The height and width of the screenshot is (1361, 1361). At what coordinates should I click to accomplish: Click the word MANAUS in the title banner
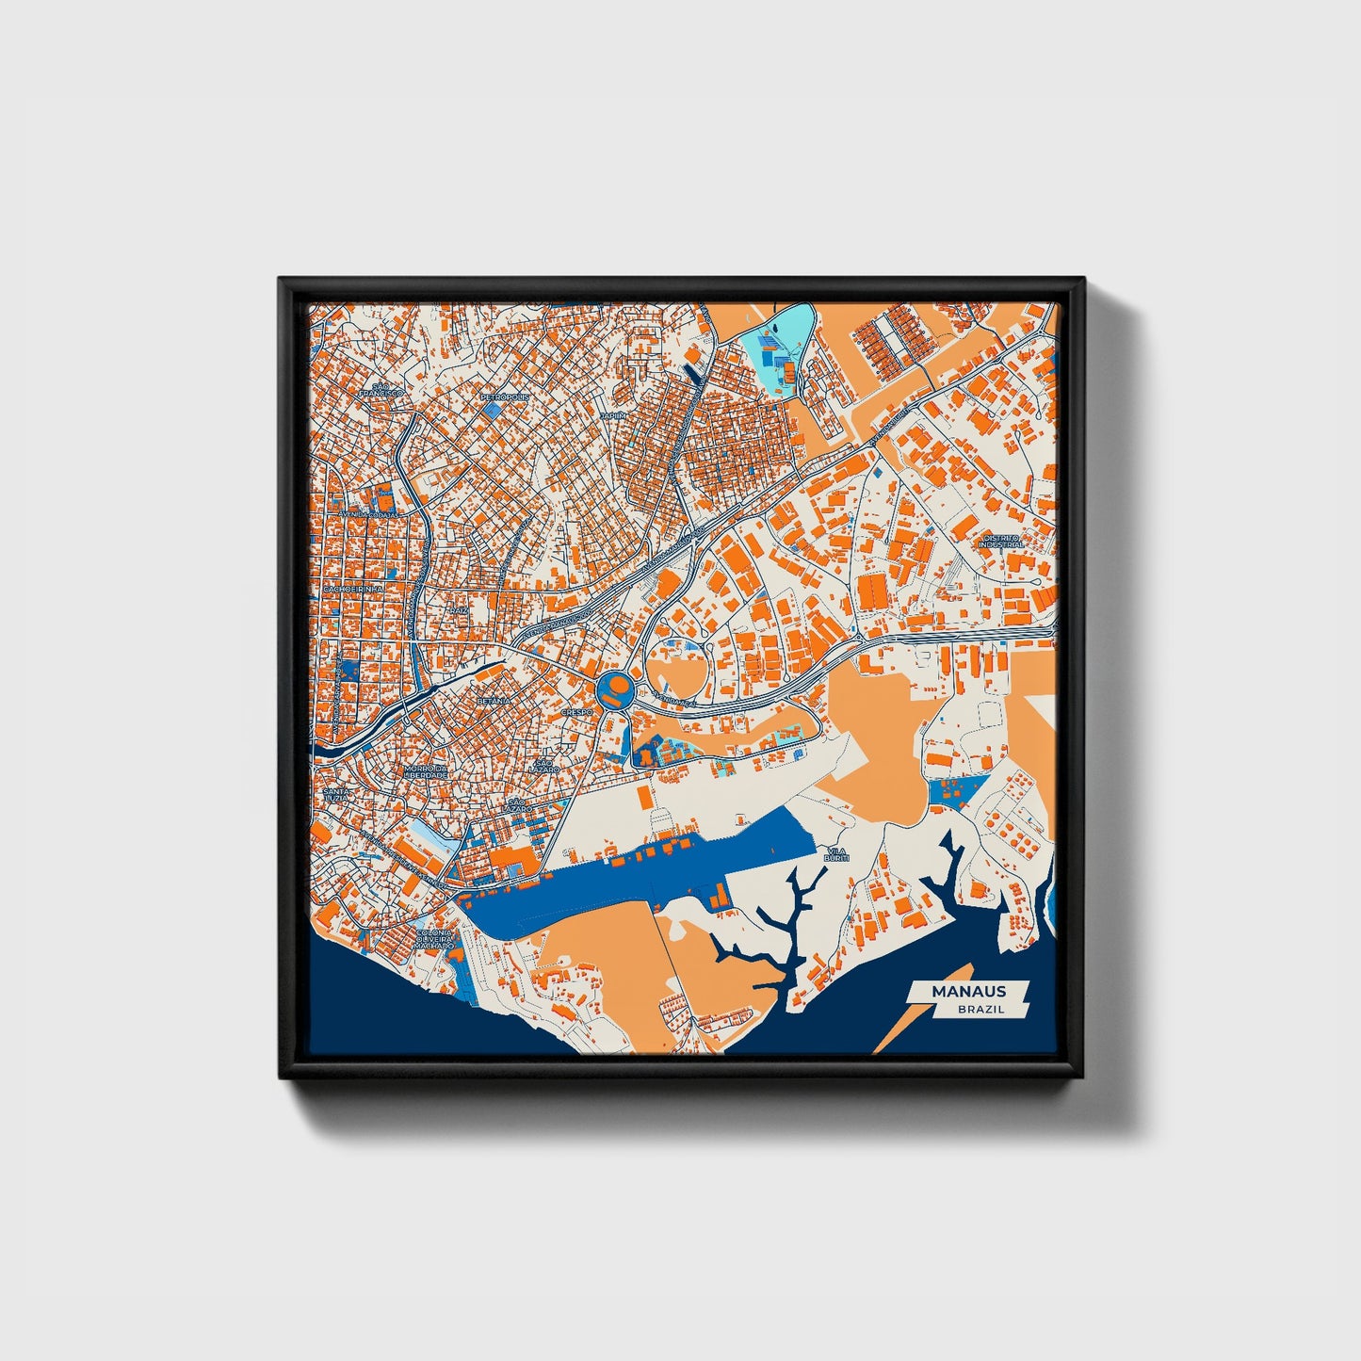click(968, 991)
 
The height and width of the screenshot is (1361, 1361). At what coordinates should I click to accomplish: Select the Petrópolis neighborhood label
click(505, 397)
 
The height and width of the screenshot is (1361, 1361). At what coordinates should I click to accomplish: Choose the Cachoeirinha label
click(352, 589)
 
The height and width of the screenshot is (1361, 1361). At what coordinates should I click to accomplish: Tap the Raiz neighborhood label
click(459, 610)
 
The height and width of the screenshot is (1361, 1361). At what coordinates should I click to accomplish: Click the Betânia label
click(494, 701)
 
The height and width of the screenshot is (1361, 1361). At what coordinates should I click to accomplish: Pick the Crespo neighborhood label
click(576, 713)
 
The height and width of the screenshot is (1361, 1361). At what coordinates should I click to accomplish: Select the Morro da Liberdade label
click(426, 772)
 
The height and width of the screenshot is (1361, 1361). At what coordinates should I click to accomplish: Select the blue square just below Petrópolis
click(494, 412)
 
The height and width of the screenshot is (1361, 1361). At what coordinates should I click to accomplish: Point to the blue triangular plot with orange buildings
click(955, 791)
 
